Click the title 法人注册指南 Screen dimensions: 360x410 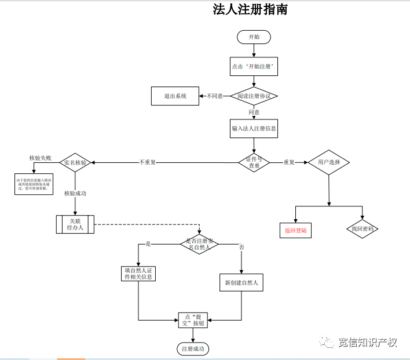click(250, 10)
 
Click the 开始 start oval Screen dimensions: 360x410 click(254, 37)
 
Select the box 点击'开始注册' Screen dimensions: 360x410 click(254, 67)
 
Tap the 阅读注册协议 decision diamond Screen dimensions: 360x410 click(254, 96)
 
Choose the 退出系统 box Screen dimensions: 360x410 click(175, 96)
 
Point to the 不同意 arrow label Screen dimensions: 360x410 click(214, 96)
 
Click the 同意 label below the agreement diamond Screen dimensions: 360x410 click(254, 112)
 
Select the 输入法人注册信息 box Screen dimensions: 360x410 click(254, 128)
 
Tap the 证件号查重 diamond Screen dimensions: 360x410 click(254, 162)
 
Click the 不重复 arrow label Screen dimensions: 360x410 click(147, 162)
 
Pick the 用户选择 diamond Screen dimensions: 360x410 click(328, 162)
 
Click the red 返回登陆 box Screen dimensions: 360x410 click(295, 230)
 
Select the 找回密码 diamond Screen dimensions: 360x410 click(363, 229)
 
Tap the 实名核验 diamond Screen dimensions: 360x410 click(75, 162)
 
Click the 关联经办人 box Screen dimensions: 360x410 click(75, 224)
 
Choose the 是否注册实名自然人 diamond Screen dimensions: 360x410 click(199, 244)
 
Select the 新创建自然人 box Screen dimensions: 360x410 click(241, 283)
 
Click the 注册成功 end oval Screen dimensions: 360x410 click(193, 349)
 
